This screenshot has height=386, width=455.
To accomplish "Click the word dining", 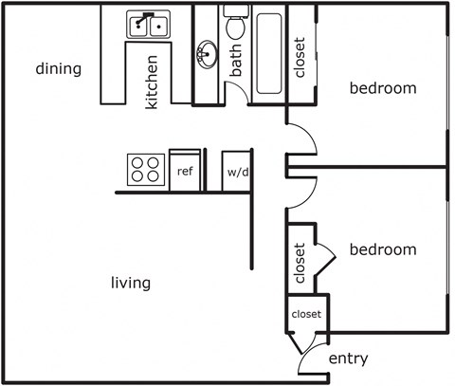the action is pos(59,69).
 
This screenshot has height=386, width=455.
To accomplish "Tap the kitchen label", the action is pos(152,83).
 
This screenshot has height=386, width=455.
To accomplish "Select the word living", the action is pos(131,283).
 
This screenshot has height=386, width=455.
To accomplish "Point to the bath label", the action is pos(235,61).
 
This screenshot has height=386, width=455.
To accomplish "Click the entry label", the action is pos(349,358).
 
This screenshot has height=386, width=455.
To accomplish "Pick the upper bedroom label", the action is pos(383,88).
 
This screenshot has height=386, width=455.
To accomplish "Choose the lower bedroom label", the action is pos(383,249).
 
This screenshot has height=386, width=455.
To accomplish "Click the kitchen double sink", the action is pos(148,25).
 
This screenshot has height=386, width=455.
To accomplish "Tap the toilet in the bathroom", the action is pos(236,22).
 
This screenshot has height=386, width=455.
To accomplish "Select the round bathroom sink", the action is pos(207,54).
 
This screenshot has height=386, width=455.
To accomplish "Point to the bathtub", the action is pos(269,53).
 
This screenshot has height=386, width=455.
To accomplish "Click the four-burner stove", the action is pos(146,170).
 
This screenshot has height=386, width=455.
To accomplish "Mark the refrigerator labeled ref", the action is pos(185,171).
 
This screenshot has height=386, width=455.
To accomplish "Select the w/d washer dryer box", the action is pos(237,172).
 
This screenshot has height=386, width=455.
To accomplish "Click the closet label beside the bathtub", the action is pos(300,58).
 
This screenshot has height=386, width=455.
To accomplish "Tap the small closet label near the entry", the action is pos(306,314).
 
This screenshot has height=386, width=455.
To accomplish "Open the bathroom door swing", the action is pos(239,88).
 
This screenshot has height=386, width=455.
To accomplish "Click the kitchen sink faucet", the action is pos(145,18).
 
